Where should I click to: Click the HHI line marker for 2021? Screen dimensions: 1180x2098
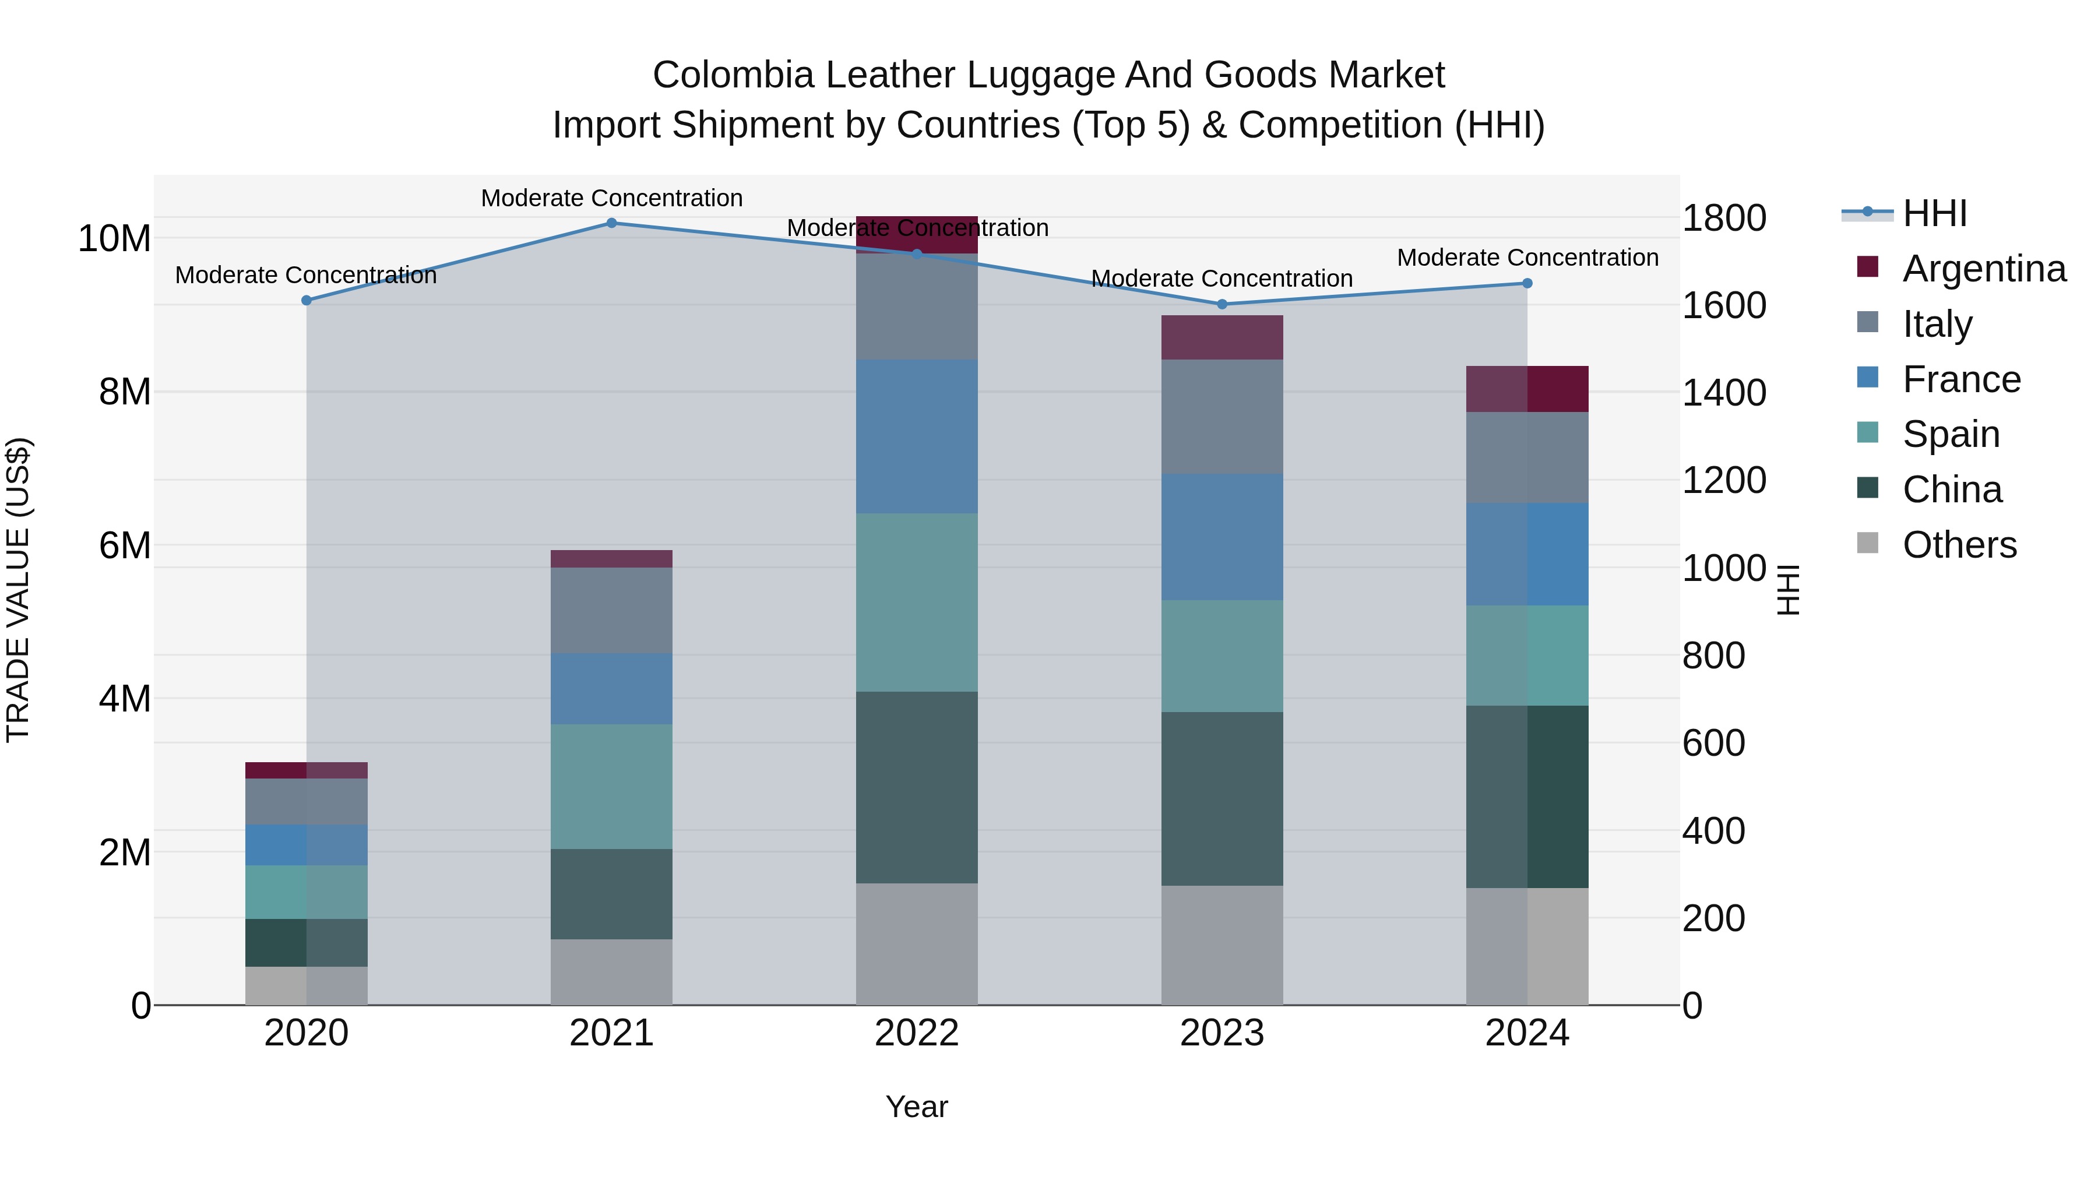[612, 223]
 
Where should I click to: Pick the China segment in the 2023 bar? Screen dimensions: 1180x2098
[1222, 798]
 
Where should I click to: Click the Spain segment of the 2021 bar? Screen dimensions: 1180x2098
[612, 786]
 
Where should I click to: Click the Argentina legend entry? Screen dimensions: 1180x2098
[1983, 269]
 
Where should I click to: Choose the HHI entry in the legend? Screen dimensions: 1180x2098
[1934, 213]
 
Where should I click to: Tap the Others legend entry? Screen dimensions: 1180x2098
[1959, 545]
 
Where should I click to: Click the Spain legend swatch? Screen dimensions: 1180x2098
[1868, 432]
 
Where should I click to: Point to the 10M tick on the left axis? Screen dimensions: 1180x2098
[114, 238]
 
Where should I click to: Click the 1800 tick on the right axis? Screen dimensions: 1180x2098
[1723, 219]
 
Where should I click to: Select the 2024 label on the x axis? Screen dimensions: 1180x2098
[1527, 1033]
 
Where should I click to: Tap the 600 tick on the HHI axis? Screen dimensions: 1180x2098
[1713, 743]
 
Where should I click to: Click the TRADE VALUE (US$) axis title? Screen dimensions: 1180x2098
[18, 590]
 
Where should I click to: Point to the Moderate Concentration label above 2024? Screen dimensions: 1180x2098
[1527, 258]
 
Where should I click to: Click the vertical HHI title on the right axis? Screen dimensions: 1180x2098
[1788, 590]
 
